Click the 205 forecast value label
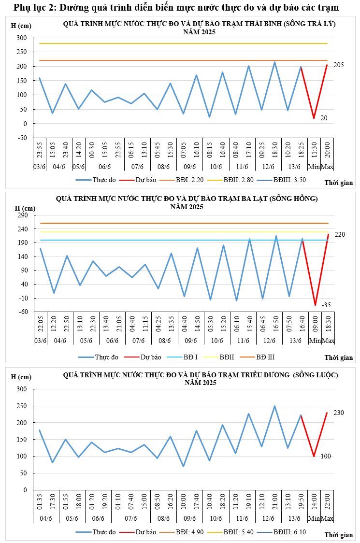(x=338, y=65)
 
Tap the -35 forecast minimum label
(x=327, y=305)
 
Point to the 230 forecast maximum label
(x=338, y=413)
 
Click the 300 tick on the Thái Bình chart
(x=21, y=38)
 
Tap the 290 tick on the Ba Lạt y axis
(x=23, y=215)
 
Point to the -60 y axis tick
(x=23, y=312)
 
